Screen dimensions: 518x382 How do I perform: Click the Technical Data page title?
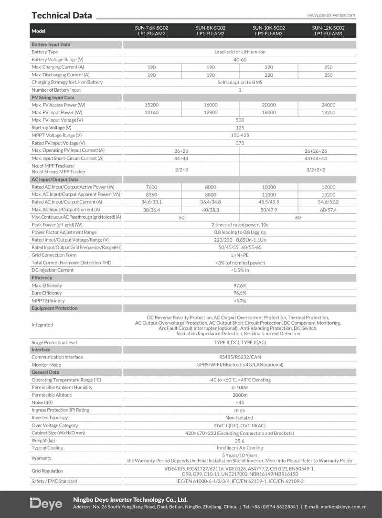(x=62, y=15)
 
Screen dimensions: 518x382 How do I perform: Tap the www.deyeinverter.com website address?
(x=331, y=15)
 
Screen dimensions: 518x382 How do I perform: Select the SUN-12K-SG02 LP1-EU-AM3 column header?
(x=328, y=31)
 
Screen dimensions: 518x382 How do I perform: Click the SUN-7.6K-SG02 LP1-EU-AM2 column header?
(x=151, y=31)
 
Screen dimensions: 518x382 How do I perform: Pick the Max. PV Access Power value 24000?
(x=328, y=105)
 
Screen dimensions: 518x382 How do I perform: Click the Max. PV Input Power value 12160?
(x=151, y=113)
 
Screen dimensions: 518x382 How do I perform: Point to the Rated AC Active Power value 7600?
(x=151, y=187)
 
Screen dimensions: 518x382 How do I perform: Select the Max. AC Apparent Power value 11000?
(x=269, y=195)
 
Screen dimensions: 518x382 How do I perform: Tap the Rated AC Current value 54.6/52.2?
(x=328, y=202)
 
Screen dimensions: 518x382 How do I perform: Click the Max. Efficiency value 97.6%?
(x=240, y=285)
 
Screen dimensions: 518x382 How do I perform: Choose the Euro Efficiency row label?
(x=47, y=293)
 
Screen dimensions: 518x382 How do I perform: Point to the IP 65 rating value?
(x=240, y=411)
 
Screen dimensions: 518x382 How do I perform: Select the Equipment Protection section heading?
(x=54, y=308)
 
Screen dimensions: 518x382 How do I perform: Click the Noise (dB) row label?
(x=42, y=402)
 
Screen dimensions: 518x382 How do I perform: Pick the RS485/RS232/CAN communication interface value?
(x=240, y=357)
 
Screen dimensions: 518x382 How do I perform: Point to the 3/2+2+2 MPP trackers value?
(x=316, y=169)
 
